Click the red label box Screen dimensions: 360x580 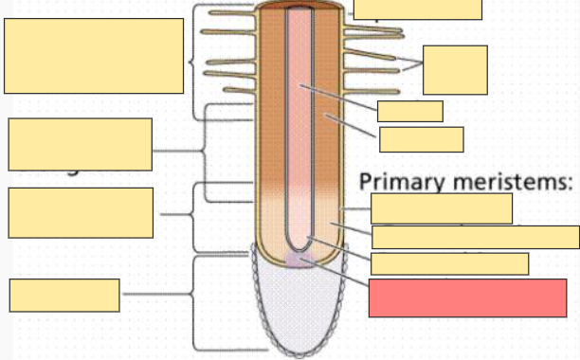467,297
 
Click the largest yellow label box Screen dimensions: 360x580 94,56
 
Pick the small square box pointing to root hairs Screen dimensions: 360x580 455,69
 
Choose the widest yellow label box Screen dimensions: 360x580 475,237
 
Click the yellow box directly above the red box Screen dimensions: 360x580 449,263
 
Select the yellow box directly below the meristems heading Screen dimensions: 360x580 441,207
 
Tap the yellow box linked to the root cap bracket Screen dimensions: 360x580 64,295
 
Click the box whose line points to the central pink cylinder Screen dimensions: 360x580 409,111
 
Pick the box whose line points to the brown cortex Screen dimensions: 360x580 421,139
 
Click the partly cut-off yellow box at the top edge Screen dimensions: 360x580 417,9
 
